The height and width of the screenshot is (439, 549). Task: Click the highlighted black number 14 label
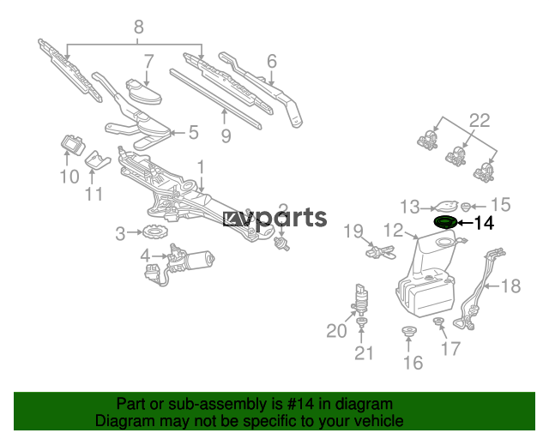point(484,223)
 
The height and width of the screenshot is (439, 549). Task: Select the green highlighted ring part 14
point(445,223)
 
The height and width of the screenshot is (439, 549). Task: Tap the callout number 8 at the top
point(139,27)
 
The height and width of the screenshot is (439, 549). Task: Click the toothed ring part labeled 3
point(155,232)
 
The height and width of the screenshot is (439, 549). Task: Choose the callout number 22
point(480,121)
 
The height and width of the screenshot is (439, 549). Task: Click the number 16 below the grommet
point(413,363)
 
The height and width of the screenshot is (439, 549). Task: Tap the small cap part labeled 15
point(465,207)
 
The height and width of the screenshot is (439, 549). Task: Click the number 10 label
point(69,176)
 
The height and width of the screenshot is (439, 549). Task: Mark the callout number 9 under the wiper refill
point(226,135)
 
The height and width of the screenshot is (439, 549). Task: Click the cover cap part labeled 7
point(143,92)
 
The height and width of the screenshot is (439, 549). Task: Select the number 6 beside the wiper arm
point(272,61)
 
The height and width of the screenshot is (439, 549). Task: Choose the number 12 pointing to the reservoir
point(394,231)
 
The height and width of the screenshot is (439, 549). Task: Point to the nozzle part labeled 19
point(381,252)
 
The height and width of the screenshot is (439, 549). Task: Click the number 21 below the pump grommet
point(364,353)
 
